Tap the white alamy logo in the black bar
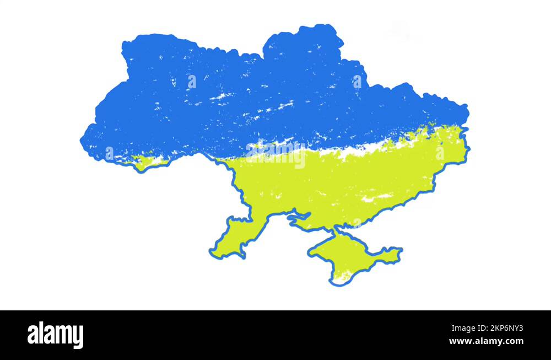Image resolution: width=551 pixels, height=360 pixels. click(x=55, y=335)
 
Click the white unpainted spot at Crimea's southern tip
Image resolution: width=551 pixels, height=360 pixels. click(x=342, y=276)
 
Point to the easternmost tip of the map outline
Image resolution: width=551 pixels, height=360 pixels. click(x=468, y=148)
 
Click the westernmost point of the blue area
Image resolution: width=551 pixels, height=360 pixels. click(x=82, y=141)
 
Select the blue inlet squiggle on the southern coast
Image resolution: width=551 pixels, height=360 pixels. click(x=298, y=218)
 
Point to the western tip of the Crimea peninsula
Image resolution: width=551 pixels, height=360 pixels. click(x=310, y=253)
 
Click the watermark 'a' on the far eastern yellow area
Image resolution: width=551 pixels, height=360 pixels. click(x=440, y=153)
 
